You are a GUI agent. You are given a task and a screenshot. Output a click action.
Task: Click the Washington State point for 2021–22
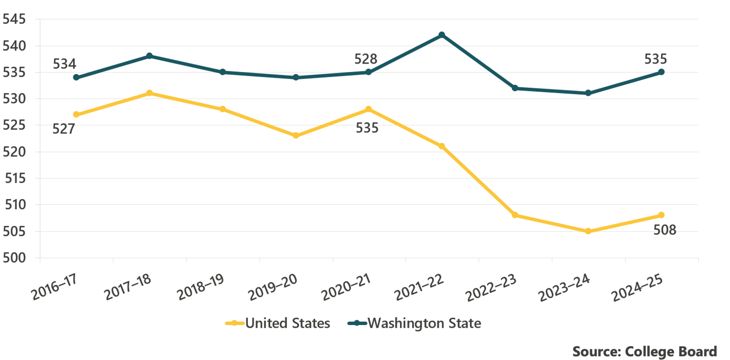point(442,35)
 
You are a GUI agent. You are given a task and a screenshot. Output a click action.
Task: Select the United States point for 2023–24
point(588,231)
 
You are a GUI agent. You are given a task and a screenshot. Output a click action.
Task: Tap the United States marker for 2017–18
point(149,93)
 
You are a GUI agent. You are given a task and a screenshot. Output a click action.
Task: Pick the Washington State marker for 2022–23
point(515,88)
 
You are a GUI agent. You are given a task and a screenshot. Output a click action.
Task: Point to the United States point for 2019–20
point(296,136)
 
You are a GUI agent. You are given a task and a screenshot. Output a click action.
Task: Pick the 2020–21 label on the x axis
point(348,286)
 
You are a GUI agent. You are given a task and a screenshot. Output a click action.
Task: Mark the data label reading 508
point(665,230)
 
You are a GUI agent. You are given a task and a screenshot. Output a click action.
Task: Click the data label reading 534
point(65,64)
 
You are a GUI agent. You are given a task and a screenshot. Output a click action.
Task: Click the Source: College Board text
point(644,351)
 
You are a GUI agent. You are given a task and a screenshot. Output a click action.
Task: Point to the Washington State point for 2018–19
point(222,72)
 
